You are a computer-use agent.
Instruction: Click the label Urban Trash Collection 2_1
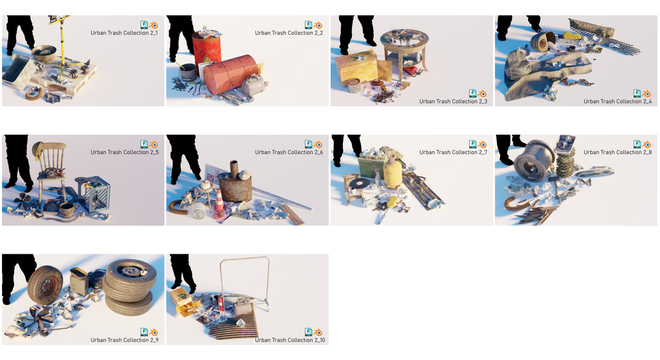(x=124, y=33)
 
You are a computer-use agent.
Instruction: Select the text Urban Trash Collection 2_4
(x=617, y=101)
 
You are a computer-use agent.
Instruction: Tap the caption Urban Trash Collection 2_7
(x=453, y=152)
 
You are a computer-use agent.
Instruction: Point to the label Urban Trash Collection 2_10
(x=290, y=340)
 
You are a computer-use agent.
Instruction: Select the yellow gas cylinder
(x=393, y=171)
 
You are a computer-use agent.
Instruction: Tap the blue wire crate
(x=94, y=194)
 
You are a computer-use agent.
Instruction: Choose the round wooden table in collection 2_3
(x=405, y=51)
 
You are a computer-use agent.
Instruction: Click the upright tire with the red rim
(x=45, y=285)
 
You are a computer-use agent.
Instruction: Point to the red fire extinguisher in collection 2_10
(x=220, y=303)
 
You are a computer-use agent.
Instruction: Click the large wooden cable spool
(x=534, y=160)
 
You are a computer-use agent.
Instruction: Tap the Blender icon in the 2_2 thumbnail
(x=318, y=25)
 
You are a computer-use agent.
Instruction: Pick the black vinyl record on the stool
(x=358, y=183)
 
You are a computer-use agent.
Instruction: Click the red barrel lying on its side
(x=231, y=74)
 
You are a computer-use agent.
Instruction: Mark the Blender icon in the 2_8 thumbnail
(x=646, y=145)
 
